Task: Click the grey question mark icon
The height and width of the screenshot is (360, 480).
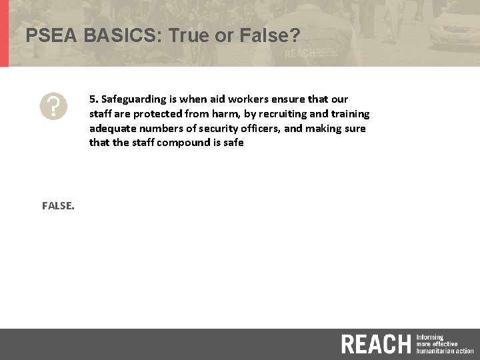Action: point(53,106)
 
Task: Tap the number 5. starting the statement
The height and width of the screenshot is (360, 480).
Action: point(93,99)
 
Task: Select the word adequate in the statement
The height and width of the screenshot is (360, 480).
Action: point(111,129)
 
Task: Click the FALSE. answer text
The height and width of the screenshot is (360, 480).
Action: point(58,206)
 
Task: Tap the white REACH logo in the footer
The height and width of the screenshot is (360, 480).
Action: point(376,344)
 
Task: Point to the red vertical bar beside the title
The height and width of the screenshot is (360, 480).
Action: point(4,33)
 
